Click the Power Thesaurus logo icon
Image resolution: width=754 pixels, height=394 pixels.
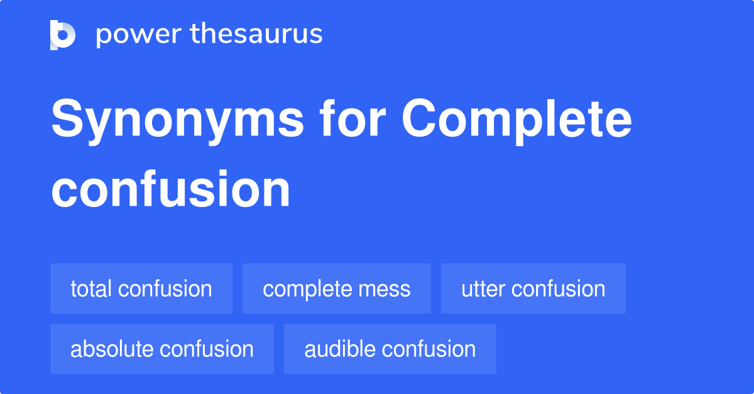click(x=63, y=35)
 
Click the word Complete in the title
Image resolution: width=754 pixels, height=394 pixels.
click(x=516, y=120)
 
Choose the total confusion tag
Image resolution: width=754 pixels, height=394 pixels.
click(x=141, y=289)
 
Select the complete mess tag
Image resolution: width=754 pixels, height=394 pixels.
click(x=337, y=289)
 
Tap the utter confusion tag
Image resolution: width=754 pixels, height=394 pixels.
click(x=533, y=289)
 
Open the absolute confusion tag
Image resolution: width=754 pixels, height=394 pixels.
click(x=162, y=349)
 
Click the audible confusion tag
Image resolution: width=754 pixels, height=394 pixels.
click(x=390, y=349)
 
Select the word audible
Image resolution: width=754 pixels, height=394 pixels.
click(x=341, y=349)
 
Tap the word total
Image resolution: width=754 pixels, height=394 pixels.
click(x=91, y=289)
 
